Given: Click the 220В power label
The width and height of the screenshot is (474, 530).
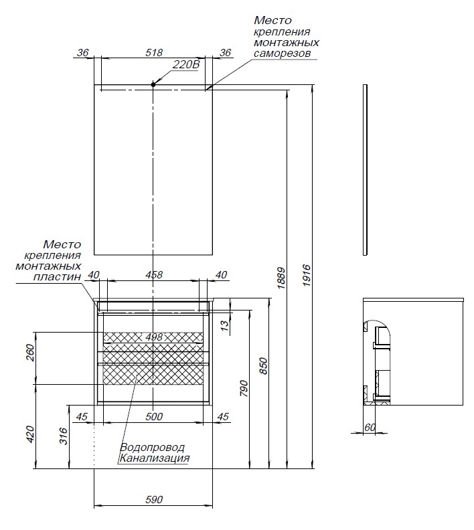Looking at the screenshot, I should click(x=186, y=65).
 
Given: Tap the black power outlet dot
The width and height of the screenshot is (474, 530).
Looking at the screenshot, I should click(x=153, y=84).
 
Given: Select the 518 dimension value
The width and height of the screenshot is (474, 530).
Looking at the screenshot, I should click(x=155, y=52).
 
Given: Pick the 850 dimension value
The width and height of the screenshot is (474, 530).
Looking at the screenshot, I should click(x=263, y=367).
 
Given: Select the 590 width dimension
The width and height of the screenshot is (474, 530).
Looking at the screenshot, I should click(x=155, y=500).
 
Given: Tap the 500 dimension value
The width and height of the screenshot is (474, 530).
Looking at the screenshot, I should click(x=154, y=416).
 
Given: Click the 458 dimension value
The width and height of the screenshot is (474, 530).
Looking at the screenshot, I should click(x=155, y=274).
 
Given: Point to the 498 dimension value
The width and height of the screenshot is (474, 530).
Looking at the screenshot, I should click(x=154, y=337).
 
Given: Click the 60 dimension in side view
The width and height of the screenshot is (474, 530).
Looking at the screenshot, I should click(x=370, y=426).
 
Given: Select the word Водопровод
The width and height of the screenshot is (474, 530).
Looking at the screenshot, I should click(x=153, y=447).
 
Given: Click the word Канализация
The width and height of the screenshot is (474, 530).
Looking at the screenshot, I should click(x=155, y=458).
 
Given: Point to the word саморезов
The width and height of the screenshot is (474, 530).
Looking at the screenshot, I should click(x=282, y=54).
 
